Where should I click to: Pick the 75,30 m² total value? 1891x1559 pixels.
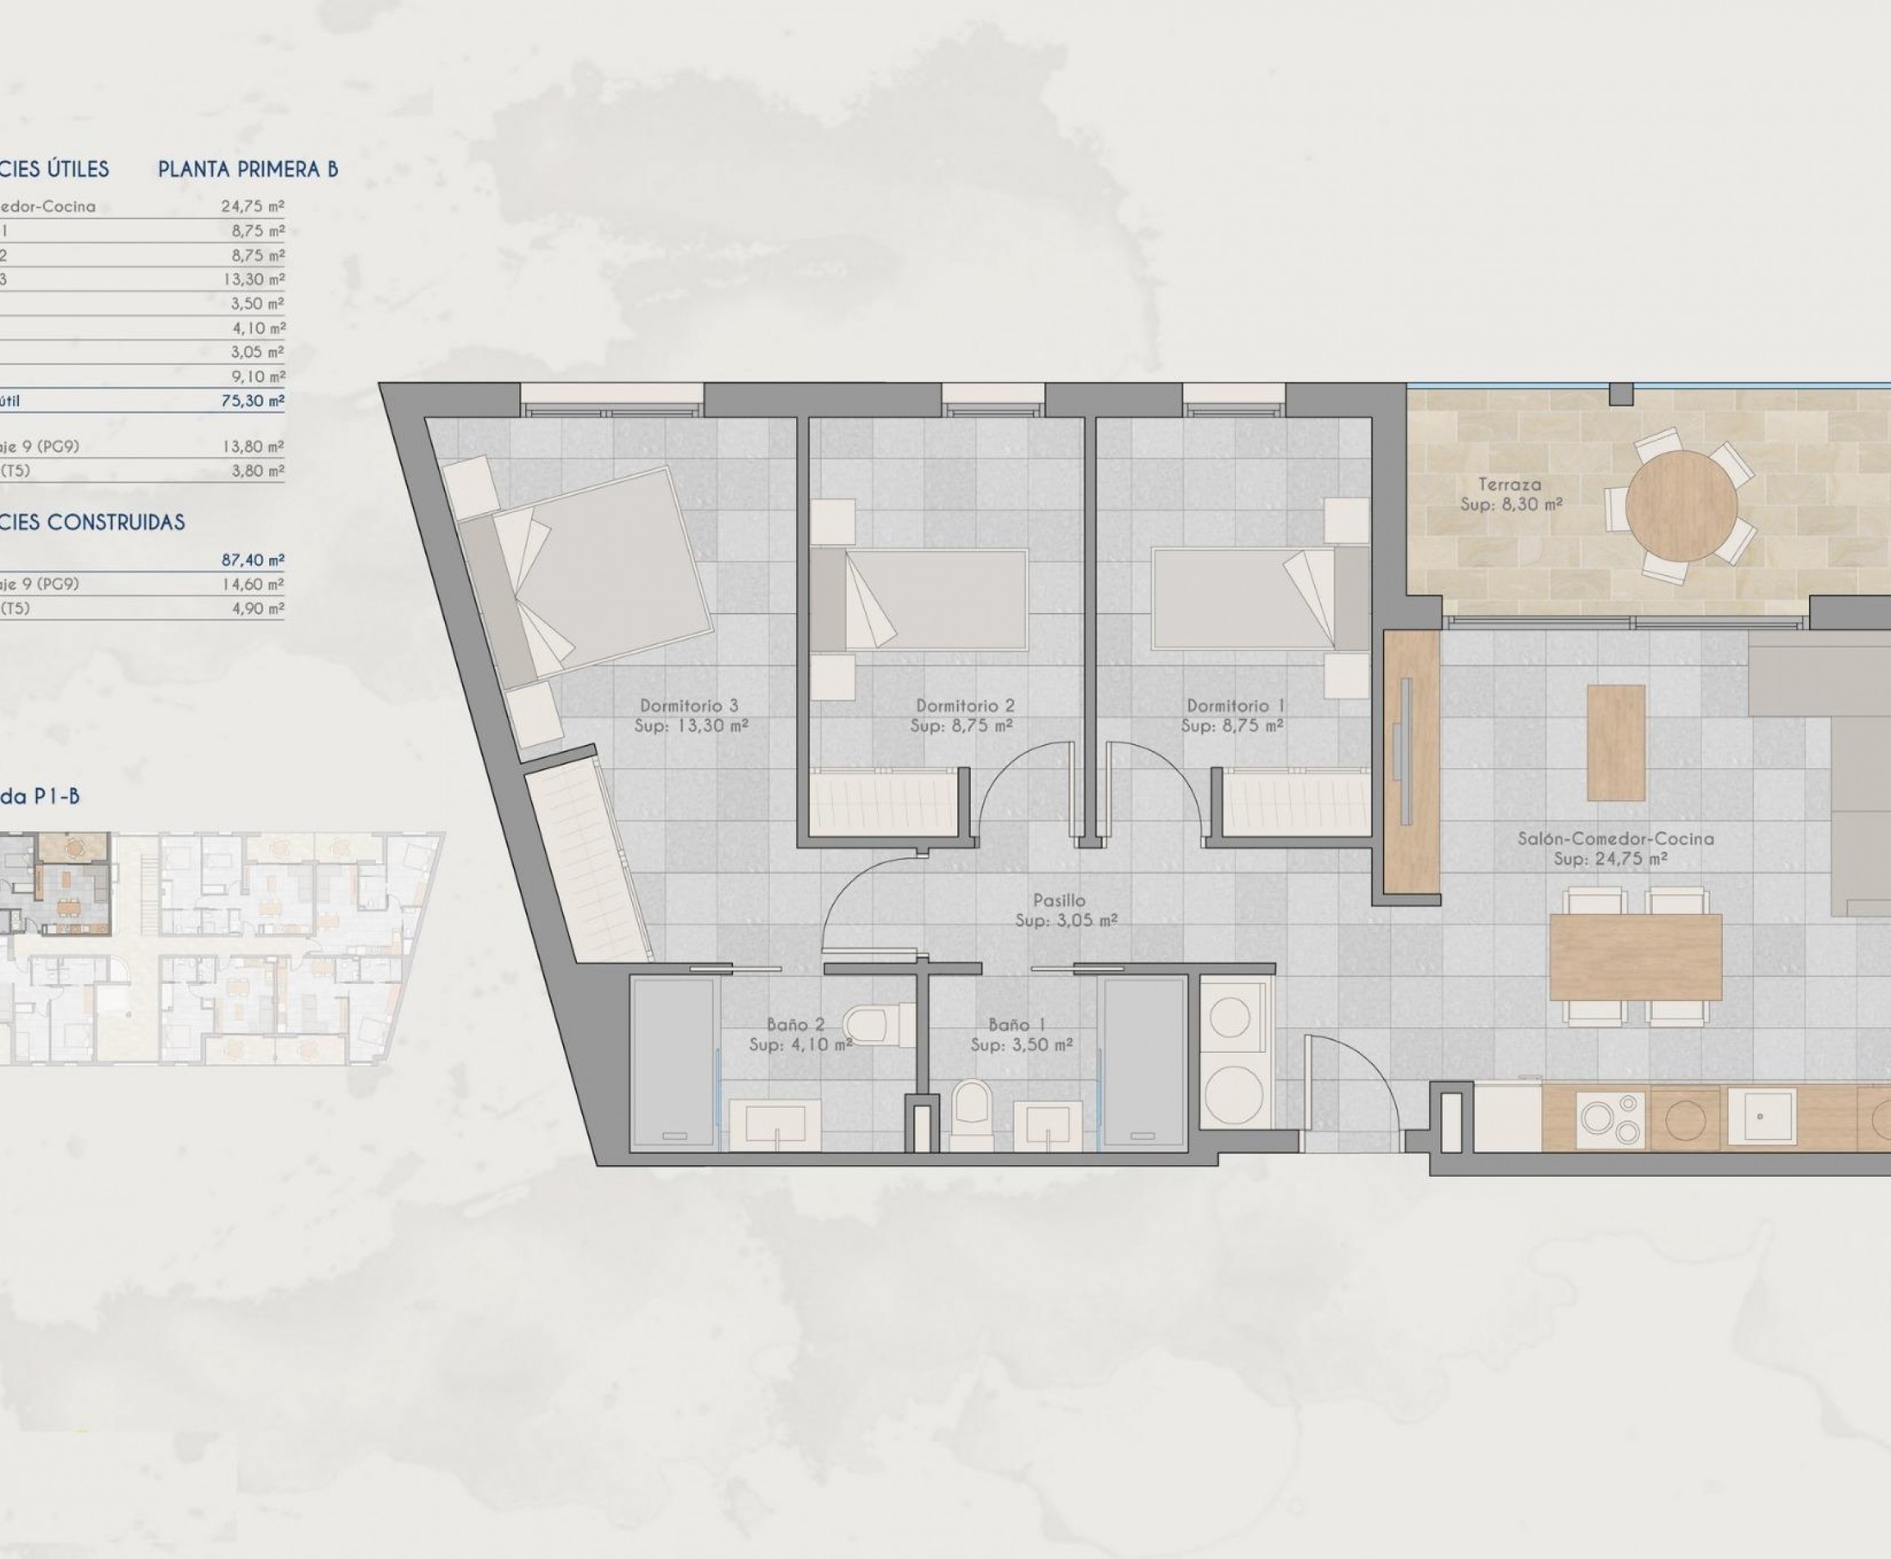[254, 400]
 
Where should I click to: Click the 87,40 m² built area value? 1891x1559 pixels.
[254, 560]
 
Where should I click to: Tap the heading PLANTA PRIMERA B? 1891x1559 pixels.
[248, 170]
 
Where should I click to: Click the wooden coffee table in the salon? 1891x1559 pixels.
[1616, 743]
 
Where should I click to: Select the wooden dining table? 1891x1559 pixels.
[1635, 958]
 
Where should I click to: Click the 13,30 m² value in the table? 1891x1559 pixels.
[254, 279]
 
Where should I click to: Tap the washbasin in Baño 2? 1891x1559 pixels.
[773, 1123]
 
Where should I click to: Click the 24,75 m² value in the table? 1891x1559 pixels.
[254, 207]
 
